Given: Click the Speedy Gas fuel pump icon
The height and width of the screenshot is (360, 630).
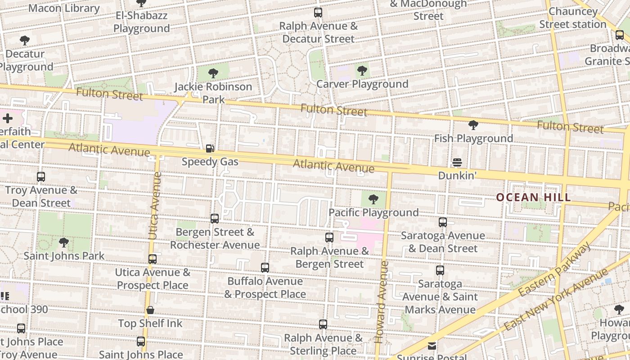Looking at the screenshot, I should click(210, 148).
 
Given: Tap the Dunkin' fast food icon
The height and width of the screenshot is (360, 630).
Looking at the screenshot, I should click(457, 162).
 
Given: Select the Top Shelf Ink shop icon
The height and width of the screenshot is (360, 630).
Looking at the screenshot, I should click(150, 310).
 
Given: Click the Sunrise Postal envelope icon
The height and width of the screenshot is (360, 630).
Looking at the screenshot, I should click(432, 346).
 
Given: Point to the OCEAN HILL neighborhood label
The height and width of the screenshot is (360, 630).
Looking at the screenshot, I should click(533, 197).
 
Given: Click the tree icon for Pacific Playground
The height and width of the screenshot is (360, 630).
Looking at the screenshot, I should click(373, 199).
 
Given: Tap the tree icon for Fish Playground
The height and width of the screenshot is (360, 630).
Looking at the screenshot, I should click(473, 125).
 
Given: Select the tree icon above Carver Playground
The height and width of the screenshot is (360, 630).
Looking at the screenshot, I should click(362, 71).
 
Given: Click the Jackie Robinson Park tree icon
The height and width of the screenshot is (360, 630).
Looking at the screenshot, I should click(213, 73).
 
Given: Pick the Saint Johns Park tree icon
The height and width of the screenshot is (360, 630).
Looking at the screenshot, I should click(64, 243).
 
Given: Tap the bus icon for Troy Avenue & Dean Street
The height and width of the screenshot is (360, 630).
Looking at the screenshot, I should click(41, 177).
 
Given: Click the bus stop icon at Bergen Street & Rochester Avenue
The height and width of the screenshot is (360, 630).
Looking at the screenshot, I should click(215, 219).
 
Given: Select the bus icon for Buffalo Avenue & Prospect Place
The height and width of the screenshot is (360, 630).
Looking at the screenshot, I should click(265, 268).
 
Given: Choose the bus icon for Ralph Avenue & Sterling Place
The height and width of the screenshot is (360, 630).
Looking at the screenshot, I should click(323, 324).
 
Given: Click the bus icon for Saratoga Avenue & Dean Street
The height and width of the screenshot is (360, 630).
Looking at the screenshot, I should click(443, 222).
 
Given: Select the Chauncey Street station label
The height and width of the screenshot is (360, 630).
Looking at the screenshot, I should click(573, 18).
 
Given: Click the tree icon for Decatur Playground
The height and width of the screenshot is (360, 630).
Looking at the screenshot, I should click(25, 40).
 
